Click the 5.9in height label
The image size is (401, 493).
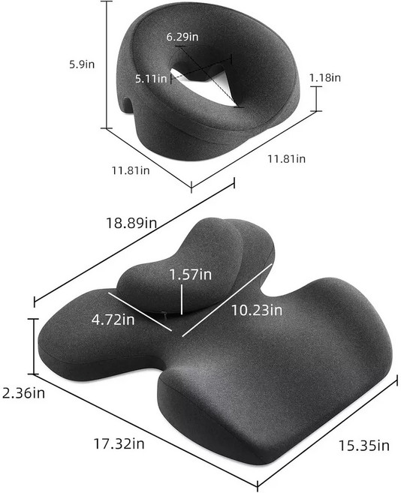(82, 65)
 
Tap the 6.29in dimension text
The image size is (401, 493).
(182, 37)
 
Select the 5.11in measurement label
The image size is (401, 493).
(151, 78)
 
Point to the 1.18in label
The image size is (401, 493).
(324, 77)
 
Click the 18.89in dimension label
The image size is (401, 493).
(131, 223)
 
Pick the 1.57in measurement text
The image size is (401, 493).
(191, 275)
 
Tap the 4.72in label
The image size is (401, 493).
(113, 320)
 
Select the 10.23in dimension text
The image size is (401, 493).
(257, 311)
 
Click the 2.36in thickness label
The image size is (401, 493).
(23, 392)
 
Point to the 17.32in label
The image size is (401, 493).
(119, 443)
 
